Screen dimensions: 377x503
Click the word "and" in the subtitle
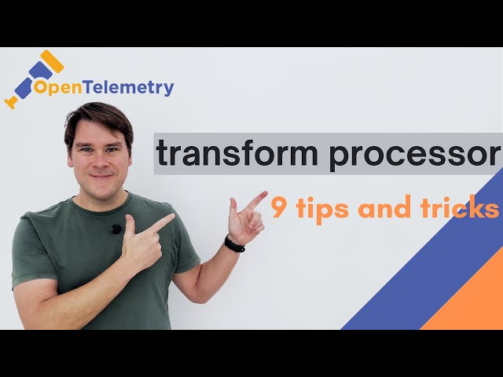click(386, 208)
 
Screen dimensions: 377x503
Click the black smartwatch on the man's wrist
click(234, 243)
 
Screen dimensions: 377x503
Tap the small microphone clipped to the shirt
click(116, 229)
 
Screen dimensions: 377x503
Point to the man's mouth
click(100, 178)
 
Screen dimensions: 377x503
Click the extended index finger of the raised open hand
click(255, 199)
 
